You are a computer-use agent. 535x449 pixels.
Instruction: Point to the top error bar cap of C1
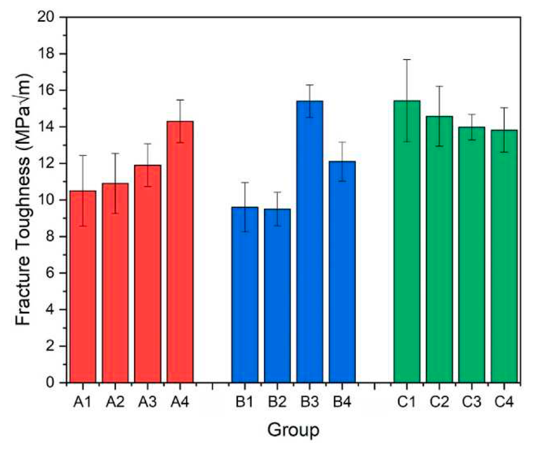[407, 60]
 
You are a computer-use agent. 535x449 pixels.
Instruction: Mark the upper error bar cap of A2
[115, 153]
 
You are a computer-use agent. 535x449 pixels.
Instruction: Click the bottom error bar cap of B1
[245, 231]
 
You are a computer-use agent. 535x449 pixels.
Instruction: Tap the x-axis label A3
[147, 402]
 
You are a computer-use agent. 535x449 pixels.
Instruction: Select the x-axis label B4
[342, 402]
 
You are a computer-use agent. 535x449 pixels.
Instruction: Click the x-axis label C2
[439, 402]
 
